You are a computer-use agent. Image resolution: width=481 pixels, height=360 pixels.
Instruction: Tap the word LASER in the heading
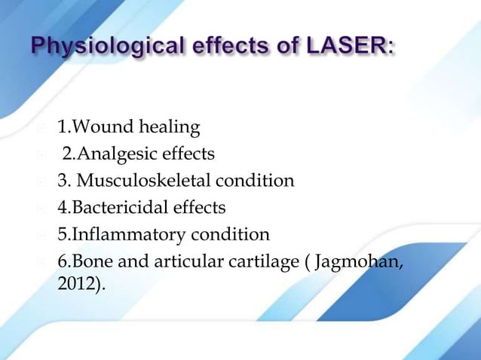click(x=356, y=50)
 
